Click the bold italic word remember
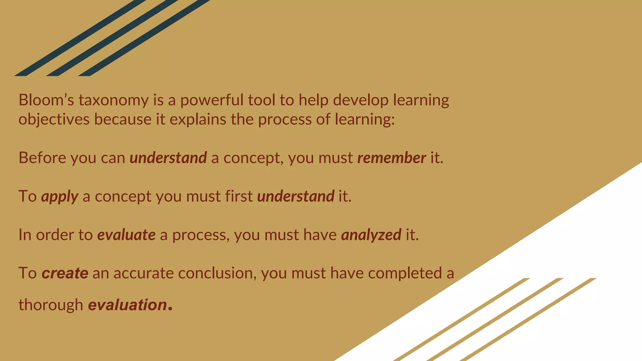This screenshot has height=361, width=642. click(x=392, y=158)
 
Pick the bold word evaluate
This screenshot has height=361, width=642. click(x=126, y=235)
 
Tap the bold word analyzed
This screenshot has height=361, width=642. click(x=371, y=235)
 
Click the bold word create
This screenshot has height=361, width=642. click(x=65, y=273)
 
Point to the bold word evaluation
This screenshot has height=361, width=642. click(x=128, y=305)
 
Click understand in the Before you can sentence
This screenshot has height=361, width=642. click(x=168, y=158)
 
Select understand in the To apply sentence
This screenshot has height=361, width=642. click(x=296, y=196)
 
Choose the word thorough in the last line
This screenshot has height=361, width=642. click(x=50, y=305)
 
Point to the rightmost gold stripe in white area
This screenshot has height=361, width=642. click(x=530, y=318)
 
